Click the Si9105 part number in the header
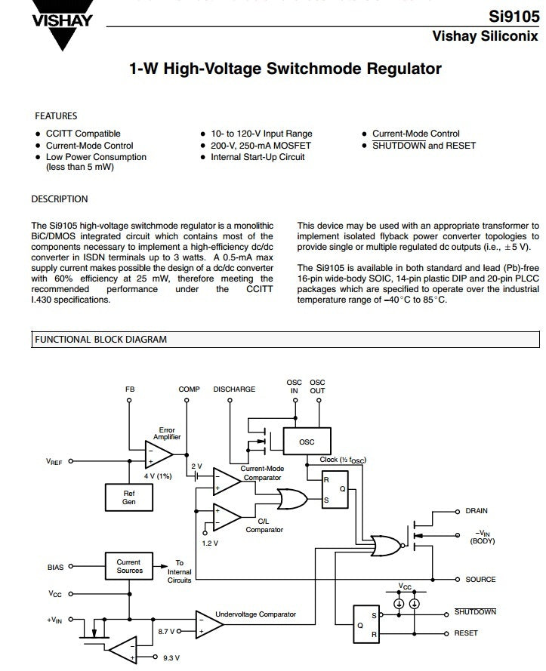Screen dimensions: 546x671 coord(514,17)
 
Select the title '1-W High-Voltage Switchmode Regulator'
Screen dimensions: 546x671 coord(285,69)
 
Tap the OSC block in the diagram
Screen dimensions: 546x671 coord(307,442)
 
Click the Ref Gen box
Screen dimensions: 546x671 coord(129,497)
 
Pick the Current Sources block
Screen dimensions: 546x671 coord(129,566)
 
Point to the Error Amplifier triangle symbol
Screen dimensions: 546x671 coord(159,454)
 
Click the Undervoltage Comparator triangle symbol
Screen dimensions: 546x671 coord(209,624)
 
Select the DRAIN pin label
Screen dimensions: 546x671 coord(477,511)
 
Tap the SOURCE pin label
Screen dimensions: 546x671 coord(480,580)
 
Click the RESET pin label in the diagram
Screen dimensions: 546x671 coord(465,633)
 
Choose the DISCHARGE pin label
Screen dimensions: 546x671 coord(234,389)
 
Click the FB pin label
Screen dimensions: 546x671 coord(130,389)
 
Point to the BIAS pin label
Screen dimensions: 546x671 coord(55,567)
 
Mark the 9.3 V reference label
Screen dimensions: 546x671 coord(171,657)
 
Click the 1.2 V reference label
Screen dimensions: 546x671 coord(210,543)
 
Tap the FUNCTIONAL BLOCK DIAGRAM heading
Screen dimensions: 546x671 coord(100,340)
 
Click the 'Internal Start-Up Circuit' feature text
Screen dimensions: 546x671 coord(258,157)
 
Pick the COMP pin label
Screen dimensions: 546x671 coord(189,389)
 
